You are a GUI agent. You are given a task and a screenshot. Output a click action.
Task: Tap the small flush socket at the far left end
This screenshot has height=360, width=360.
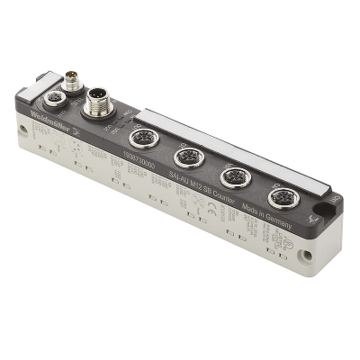pos(54,96)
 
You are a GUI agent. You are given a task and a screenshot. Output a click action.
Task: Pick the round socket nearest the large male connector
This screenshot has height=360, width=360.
pos(142,138)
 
